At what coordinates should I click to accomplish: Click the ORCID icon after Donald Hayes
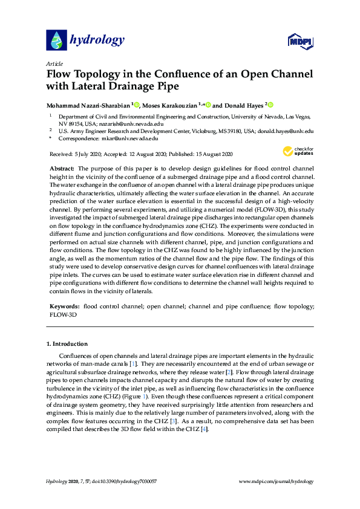[270, 105]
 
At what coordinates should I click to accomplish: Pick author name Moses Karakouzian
[172, 105]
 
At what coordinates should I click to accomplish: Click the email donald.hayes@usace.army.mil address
[286, 130]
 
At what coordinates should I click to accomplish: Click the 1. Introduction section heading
[67, 344]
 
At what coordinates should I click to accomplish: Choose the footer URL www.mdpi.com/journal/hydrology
[277, 482]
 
